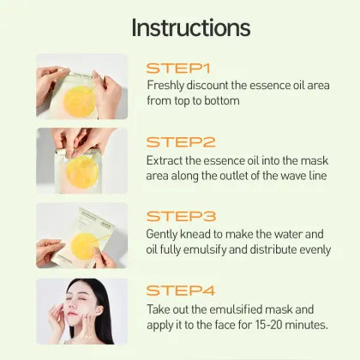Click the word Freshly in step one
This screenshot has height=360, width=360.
click(x=165, y=86)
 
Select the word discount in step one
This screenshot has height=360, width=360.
click(x=212, y=86)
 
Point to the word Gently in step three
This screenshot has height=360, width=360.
click(x=165, y=234)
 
